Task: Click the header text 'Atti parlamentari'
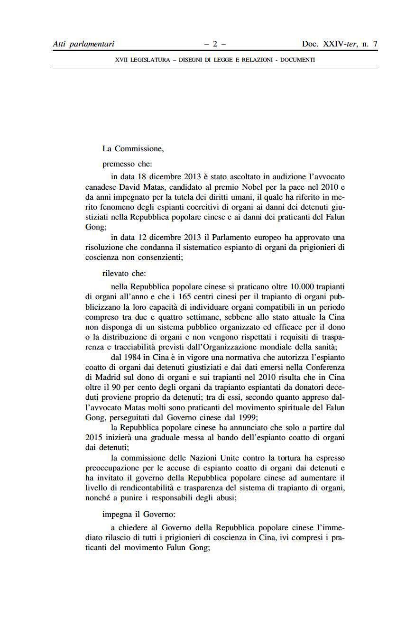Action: click(83, 44)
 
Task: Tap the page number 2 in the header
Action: click(215, 44)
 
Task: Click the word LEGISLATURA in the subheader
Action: click(150, 60)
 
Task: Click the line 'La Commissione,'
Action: click(133, 148)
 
